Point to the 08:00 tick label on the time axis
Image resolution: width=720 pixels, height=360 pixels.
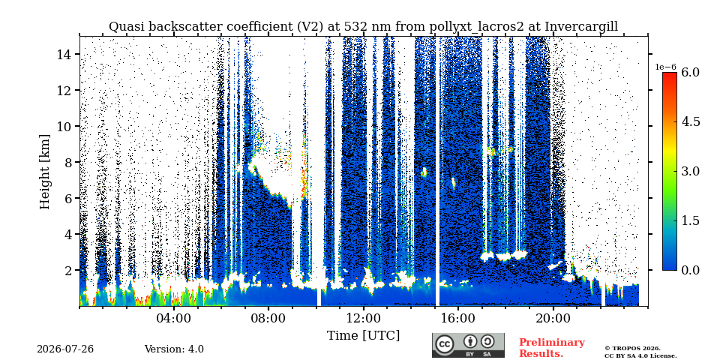pos(268,318)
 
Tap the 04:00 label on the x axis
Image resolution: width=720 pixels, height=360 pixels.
pos(172,318)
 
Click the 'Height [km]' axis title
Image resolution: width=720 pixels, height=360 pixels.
pos(44,172)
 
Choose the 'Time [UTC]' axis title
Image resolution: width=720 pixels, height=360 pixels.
pos(363,336)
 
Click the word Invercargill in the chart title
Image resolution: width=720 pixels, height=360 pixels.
pos(581,27)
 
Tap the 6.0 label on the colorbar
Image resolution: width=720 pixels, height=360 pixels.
pos(690,72)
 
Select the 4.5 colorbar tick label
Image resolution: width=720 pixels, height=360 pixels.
pos(690,121)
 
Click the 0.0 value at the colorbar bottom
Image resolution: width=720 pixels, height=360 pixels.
pos(690,270)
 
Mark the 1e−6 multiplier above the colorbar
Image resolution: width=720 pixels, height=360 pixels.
pos(666,67)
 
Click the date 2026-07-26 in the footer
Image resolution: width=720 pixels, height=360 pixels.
pos(65,349)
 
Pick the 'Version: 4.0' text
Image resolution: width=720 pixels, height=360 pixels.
pos(174,349)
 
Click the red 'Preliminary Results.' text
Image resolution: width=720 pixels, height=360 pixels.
pos(552,348)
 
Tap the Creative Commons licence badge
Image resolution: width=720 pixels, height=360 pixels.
pos(468,345)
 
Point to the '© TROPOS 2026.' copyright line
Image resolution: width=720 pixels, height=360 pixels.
pos(632,349)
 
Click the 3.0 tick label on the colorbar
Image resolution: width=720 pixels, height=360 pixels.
pos(690,171)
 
